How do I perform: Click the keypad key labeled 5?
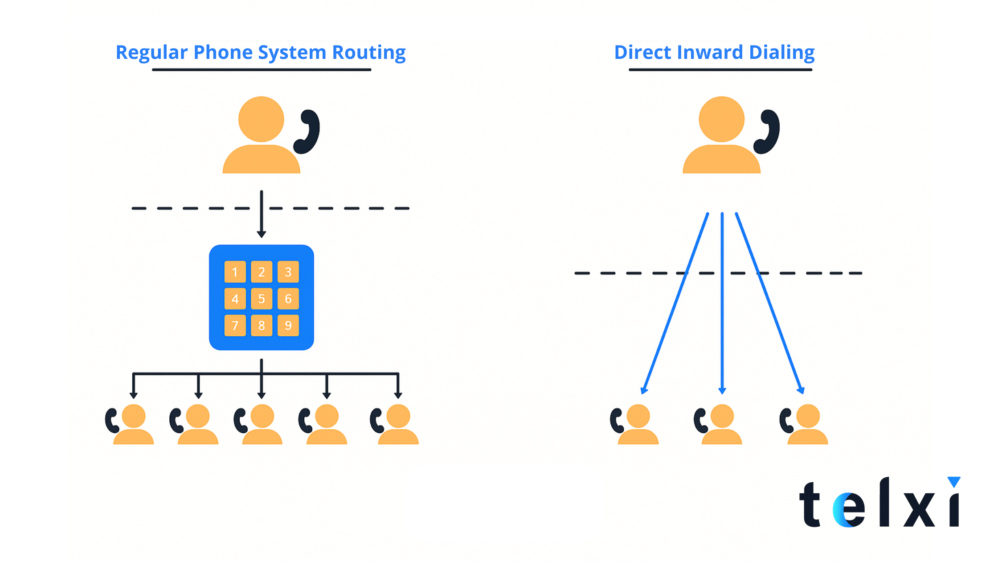tap(262, 298)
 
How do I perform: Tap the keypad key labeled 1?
tap(235, 272)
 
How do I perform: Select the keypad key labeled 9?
tap(288, 325)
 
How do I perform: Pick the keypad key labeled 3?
tap(288, 272)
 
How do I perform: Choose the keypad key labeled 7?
tap(235, 325)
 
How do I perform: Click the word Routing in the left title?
tap(369, 53)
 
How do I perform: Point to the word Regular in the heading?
tap(151, 53)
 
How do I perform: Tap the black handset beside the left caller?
tap(307, 132)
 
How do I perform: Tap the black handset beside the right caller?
tap(767, 132)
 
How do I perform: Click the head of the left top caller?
tap(261, 119)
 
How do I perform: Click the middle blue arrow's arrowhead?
tap(722, 391)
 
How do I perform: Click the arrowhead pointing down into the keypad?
tap(262, 234)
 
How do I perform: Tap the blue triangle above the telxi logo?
tap(954, 482)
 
